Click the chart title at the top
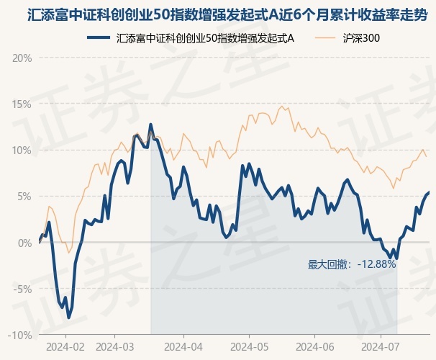point(227,15)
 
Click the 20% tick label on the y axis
point(22,58)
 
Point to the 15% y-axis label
point(22,104)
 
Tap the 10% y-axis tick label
point(22,150)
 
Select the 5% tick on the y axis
point(24,197)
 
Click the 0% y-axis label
point(24,243)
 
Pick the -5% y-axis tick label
point(22,289)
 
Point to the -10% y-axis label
point(20,336)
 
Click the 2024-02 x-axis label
point(65,347)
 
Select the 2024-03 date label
point(115,347)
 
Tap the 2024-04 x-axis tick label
point(183,347)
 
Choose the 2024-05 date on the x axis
point(250,347)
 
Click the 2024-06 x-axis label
point(315,347)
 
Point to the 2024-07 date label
point(381,347)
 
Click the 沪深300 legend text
point(361,38)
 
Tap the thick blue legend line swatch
point(99,38)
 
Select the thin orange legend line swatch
point(325,38)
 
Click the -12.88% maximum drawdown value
point(377,264)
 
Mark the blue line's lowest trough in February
point(68,318)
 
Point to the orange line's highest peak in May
point(282,107)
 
